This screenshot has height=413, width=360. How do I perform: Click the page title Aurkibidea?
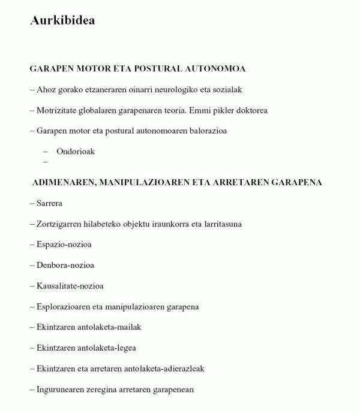62,20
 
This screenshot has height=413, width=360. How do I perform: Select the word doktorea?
251,110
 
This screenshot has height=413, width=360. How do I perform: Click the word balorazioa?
207,131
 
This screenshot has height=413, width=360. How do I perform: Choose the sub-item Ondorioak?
76,151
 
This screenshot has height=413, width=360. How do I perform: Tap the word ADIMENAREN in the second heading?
62,182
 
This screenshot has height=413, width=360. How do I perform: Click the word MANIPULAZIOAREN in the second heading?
140,182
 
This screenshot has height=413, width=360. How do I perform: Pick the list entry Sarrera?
49,203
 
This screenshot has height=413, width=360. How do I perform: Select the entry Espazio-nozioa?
64,245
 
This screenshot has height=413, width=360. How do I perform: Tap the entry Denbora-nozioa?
65,265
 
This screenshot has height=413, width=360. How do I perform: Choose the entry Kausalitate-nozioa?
70,286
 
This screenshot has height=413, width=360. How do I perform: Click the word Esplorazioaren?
64,307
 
